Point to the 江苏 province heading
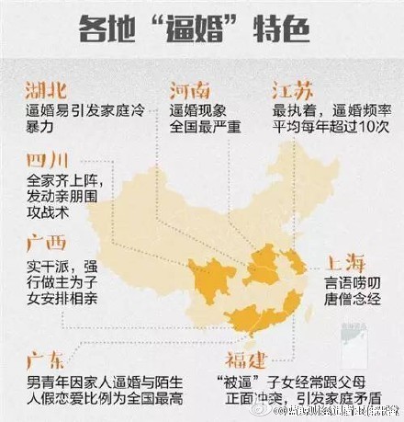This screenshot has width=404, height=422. (293, 90)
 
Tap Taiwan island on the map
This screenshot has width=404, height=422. (307, 318)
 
